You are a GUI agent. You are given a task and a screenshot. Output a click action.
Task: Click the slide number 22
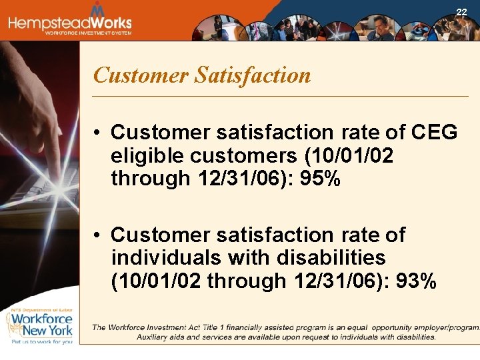(461, 12)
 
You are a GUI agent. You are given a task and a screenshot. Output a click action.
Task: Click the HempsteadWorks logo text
(70, 22)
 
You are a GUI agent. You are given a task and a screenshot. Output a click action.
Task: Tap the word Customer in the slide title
(141, 75)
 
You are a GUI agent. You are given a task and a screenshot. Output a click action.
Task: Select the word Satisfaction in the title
(253, 75)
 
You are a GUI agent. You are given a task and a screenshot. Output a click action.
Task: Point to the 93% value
(417, 281)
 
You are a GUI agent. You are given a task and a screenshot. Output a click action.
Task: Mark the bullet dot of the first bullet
(97, 133)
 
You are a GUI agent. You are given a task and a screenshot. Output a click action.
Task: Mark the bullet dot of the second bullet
(97, 235)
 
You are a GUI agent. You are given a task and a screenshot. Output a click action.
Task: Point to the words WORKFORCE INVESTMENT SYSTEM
(88, 33)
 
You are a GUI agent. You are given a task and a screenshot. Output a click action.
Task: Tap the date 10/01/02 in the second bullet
(156, 281)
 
